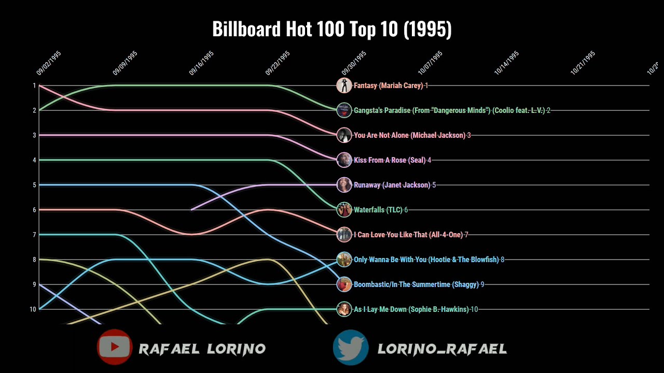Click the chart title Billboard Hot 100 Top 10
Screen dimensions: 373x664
click(x=332, y=30)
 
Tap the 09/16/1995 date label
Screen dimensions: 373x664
click(x=201, y=64)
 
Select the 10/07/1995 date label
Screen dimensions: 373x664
click(x=430, y=64)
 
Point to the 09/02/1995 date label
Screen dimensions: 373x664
click(x=49, y=64)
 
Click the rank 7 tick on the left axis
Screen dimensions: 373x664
click(x=34, y=235)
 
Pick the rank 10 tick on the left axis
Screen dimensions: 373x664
click(x=33, y=309)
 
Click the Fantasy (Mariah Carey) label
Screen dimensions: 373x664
click(x=388, y=85)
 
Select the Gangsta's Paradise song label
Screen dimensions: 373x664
click(x=449, y=110)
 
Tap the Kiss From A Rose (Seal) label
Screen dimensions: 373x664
click(x=389, y=160)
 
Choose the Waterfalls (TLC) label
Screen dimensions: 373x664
click(x=378, y=210)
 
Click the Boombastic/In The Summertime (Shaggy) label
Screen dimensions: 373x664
click(x=416, y=284)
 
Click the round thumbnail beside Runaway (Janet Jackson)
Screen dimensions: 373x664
click(x=344, y=185)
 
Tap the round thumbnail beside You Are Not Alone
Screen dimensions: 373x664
click(x=344, y=135)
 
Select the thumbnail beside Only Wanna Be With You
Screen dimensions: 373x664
click(x=344, y=260)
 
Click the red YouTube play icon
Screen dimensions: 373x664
click(x=114, y=347)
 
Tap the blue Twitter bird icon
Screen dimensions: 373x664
click(x=351, y=348)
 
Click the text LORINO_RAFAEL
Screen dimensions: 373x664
click(x=442, y=349)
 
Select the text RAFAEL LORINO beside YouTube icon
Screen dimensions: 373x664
click(x=202, y=349)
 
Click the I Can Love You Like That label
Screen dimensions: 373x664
click(x=408, y=235)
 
